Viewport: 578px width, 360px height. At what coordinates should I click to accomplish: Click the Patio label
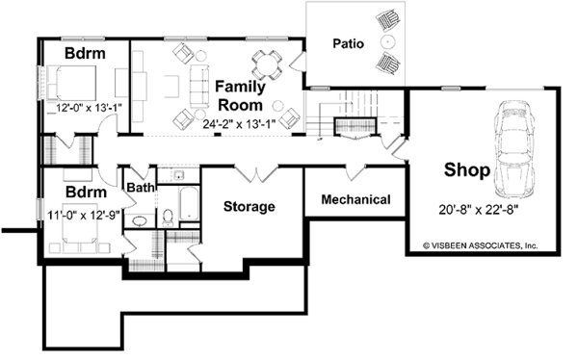(x=349, y=43)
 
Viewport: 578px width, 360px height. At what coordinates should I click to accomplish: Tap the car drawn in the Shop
(x=514, y=149)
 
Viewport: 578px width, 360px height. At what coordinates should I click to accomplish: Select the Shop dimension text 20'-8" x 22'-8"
(x=479, y=210)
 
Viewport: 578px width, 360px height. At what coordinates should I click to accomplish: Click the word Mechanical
(x=355, y=199)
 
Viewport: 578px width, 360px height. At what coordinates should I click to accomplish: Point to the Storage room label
(x=250, y=206)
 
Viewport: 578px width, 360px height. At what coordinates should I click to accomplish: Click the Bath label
(x=140, y=188)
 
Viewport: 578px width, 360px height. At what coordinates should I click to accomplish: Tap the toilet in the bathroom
(x=168, y=218)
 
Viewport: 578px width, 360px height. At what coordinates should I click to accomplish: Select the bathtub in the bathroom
(x=190, y=204)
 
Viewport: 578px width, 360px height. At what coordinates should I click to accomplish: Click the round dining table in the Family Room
(x=267, y=64)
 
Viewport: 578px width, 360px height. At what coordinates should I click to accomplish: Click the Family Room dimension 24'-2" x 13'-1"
(x=240, y=124)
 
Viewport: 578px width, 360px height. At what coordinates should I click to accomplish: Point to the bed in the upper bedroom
(x=70, y=83)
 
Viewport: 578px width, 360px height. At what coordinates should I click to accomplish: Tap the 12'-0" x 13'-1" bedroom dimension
(x=89, y=108)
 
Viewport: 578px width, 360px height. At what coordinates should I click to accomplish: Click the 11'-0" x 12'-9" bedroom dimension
(x=84, y=215)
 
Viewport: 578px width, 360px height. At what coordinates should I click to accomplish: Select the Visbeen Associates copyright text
(x=481, y=245)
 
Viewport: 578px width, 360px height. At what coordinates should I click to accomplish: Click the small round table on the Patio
(x=388, y=41)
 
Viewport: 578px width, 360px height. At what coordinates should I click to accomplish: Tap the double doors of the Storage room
(x=256, y=174)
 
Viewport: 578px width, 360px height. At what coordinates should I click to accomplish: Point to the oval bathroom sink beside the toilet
(x=140, y=220)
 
